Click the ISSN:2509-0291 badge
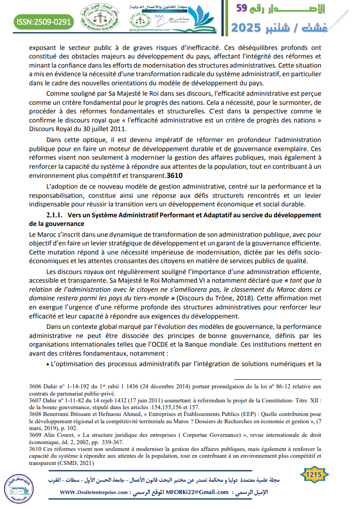point(44,21)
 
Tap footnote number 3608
point(35,414)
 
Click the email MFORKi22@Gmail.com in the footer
point(197,492)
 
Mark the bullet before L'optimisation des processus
point(48,364)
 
